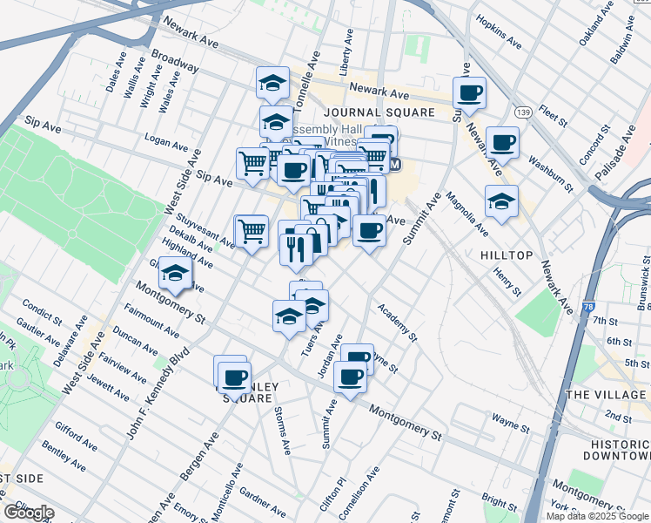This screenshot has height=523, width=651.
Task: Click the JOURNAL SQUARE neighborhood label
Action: [379, 112]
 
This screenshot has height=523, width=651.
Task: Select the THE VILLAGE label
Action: [607, 395]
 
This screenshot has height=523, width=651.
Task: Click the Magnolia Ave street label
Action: [466, 214]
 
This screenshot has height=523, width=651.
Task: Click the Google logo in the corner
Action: [30, 512]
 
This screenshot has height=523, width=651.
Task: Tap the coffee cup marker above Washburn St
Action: [502, 141]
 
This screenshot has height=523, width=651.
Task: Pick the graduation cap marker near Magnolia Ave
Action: [501, 200]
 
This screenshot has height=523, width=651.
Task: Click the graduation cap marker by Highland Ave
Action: [175, 274]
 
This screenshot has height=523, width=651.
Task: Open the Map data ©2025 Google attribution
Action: [596, 515]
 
